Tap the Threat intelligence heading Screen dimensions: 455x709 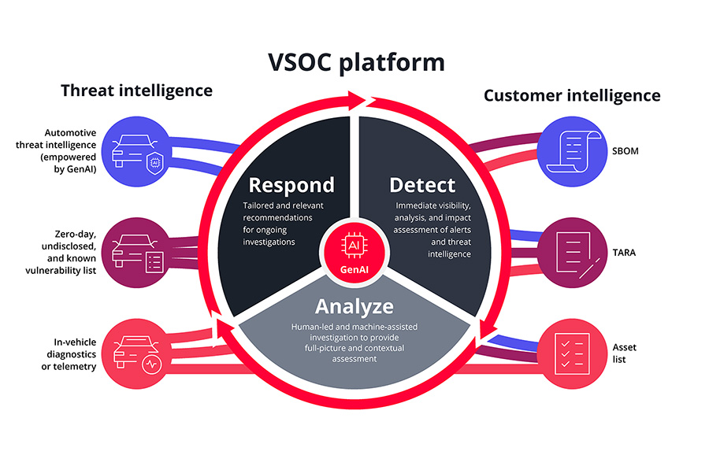136,91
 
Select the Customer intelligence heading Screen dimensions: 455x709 572,96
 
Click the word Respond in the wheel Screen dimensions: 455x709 291,186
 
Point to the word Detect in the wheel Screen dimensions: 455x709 422,186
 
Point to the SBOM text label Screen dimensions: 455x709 630,152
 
